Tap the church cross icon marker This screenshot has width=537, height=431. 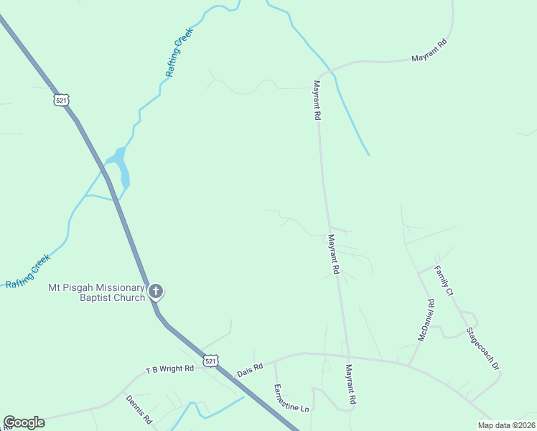156,291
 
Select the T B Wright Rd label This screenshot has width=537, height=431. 170,369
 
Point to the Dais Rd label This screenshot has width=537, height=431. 250,369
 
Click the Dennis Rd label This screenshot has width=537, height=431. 139,409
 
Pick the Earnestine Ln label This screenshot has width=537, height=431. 291,398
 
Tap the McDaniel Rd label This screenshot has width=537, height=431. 426,320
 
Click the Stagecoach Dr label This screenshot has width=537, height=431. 482,349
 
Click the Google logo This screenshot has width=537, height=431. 24,422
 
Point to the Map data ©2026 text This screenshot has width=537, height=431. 506,425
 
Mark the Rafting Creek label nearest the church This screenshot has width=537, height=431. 28,271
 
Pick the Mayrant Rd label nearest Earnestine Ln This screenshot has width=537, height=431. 350,386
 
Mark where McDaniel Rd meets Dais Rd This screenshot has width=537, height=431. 409,365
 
